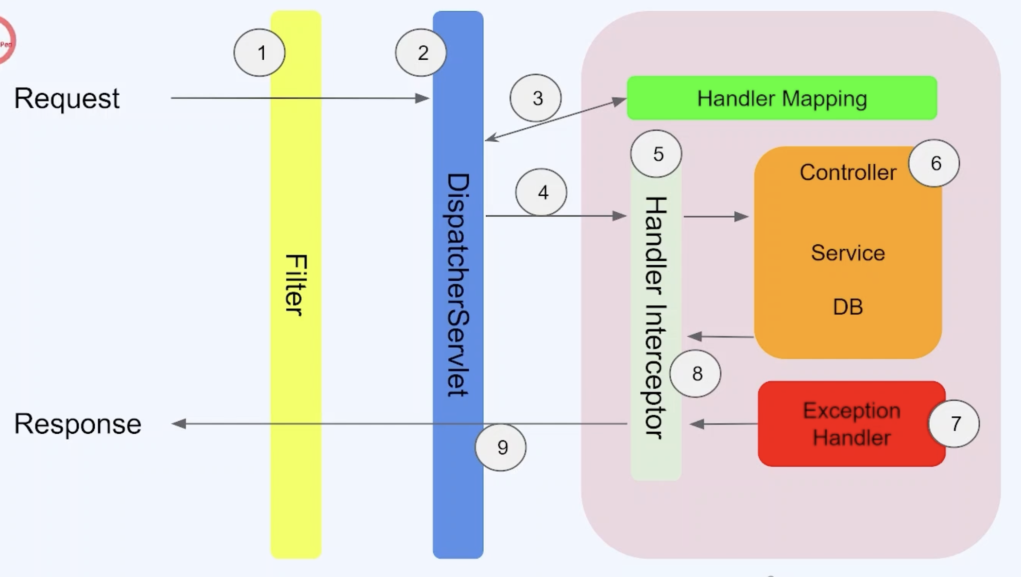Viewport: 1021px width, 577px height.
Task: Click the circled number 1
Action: point(259,52)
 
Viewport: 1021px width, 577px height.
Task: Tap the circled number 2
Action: point(421,52)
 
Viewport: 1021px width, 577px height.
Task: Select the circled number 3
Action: point(536,98)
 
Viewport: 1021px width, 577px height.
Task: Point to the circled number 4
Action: point(541,192)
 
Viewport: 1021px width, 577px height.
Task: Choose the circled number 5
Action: point(656,154)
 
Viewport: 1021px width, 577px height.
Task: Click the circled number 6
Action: point(934,163)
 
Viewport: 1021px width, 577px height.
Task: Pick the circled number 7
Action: point(954,424)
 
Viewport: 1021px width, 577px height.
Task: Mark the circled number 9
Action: point(501,447)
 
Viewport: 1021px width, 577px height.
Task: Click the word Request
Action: point(67,98)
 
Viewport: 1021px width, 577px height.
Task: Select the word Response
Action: point(78,424)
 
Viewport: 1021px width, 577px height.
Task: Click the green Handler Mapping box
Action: point(782,98)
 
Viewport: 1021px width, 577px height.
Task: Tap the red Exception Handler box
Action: point(851,424)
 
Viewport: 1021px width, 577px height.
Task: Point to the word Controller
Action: point(848,172)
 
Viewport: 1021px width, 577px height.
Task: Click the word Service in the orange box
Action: point(848,253)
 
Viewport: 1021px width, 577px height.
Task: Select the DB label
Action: point(848,307)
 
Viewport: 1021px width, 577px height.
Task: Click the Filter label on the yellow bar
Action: point(295,285)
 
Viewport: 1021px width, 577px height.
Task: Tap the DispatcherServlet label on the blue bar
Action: point(458,285)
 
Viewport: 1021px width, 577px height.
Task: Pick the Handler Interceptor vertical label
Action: point(656,318)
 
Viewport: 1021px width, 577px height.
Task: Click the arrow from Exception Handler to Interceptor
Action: point(724,424)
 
